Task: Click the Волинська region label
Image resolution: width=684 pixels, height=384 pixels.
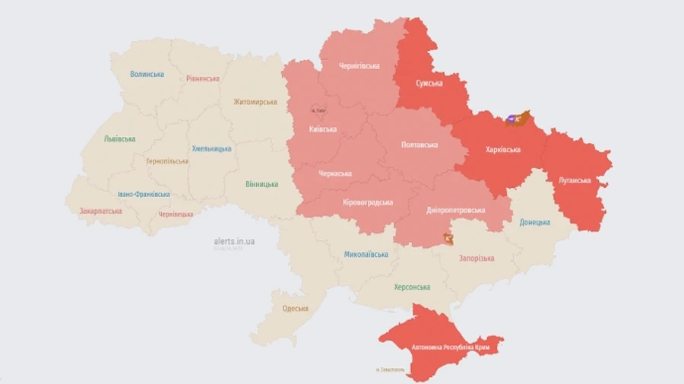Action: tap(147, 74)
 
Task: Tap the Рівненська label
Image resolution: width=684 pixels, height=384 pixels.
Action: tap(203, 78)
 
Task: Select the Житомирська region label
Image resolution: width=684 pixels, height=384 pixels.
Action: tap(255, 102)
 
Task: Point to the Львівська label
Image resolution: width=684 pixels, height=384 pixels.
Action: tap(119, 139)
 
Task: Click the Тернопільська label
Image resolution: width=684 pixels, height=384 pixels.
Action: tap(166, 161)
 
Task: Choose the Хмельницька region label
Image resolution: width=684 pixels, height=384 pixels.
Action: tap(211, 148)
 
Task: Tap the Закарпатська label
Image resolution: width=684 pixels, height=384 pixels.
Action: tap(100, 211)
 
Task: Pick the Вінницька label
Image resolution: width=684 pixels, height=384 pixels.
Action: tap(261, 184)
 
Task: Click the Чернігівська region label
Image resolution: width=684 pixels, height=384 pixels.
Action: tap(359, 66)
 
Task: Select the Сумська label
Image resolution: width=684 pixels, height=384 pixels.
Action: tap(429, 83)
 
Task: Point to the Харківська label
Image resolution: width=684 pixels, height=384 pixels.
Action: tap(502, 150)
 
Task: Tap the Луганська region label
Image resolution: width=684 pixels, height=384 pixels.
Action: tap(575, 180)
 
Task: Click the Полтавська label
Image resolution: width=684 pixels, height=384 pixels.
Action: tap(420, 144)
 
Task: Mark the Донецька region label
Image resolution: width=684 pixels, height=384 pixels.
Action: tap(534, 222)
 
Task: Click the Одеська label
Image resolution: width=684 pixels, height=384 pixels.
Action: tap(295, 308)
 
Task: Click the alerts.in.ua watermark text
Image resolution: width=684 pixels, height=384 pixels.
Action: tap(234, 241)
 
